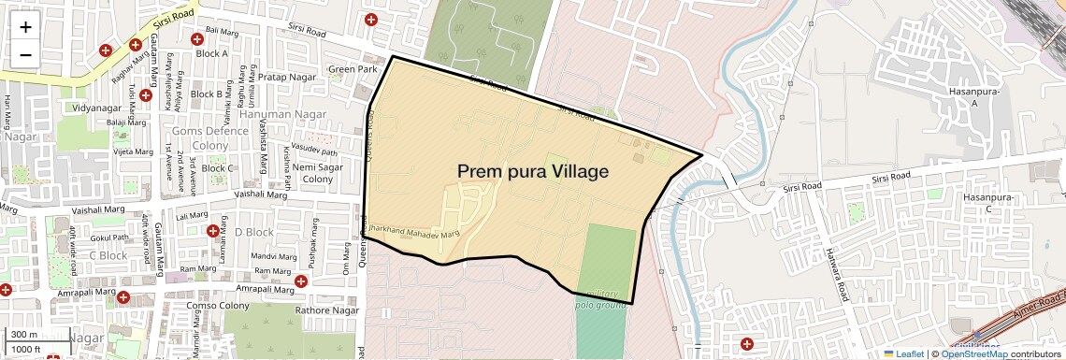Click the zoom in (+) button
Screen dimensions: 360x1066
25,26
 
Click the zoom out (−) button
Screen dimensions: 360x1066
25,54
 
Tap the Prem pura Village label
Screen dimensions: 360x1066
533,172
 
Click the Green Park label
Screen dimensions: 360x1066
353,69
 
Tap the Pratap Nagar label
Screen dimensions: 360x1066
287,77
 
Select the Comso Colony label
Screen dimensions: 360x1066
218,306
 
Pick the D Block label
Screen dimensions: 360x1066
253,232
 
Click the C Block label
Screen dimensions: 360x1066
108,255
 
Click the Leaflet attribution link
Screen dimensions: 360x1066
903,353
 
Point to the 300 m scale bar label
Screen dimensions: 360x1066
23,335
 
